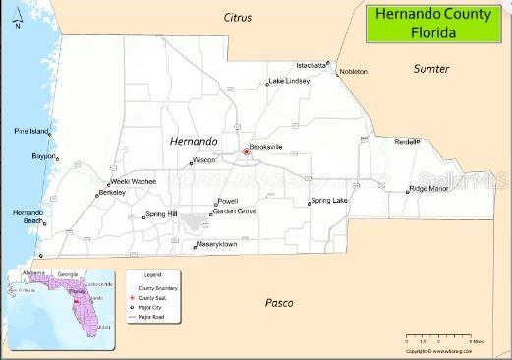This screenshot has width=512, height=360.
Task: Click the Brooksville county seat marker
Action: click(x=246, y=151)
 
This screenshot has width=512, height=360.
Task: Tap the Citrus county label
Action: click(x=238, y=18)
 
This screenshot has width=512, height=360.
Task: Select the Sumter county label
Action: click(x=430, y=69)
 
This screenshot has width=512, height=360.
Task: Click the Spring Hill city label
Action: click(x=160, y=214)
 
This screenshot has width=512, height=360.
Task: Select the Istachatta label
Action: click(x=312, y=65)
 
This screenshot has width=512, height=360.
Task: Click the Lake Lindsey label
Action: click(x=289, y=80)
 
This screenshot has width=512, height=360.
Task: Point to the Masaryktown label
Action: click(x=216, y=243)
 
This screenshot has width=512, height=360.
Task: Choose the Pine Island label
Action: click(x=30, y=131)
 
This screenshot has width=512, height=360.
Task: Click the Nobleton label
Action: click(x=353, y=72)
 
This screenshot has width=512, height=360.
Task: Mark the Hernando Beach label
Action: click(x=27, y=217)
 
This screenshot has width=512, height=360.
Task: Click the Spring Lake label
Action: click(x=328, y=200)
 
